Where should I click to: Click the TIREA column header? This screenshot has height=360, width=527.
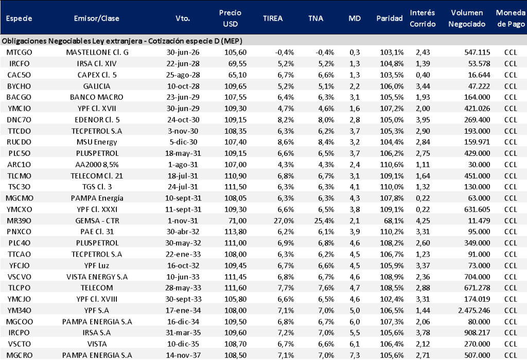click(x=272, y=18)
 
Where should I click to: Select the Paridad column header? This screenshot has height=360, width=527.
click(x=390, y=18)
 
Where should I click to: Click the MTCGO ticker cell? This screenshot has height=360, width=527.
click(x=20, y=52)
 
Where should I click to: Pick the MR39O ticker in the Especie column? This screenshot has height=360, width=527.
click(x=20, y=220)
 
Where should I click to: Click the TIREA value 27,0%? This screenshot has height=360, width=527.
click(x=286, y=220)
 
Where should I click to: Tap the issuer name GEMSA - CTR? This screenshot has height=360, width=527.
click(x=97, y=220)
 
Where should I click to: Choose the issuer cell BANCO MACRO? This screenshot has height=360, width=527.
click(x=97, y=97)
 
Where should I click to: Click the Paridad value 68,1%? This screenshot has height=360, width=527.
click(x=394, y=220)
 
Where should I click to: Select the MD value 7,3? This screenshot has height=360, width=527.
click(x=355, y=355)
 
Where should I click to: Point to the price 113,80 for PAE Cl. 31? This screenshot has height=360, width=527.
click(x=228, y=231)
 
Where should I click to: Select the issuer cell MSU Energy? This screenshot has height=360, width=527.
click(x=97, y=141)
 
